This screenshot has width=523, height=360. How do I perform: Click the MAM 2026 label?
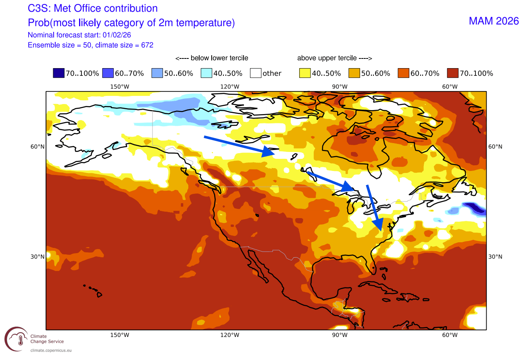pos(494,21)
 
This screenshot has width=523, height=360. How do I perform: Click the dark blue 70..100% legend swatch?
pos(58,73)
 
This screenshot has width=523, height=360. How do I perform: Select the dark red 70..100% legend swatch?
pos(453,73)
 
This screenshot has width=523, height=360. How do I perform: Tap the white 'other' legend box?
pos(256,73)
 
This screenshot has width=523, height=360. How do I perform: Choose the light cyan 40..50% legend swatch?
pos(206,73)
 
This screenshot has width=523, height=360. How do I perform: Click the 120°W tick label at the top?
pos(230,87)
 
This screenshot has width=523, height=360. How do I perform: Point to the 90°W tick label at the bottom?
pos(340,335)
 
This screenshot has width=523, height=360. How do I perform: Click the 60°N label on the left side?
pos(38,147)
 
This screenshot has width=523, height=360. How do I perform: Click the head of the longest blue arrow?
pos(269,152)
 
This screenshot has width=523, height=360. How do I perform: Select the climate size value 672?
pos(147,45)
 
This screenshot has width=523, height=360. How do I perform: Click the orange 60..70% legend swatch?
pos(404,73)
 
